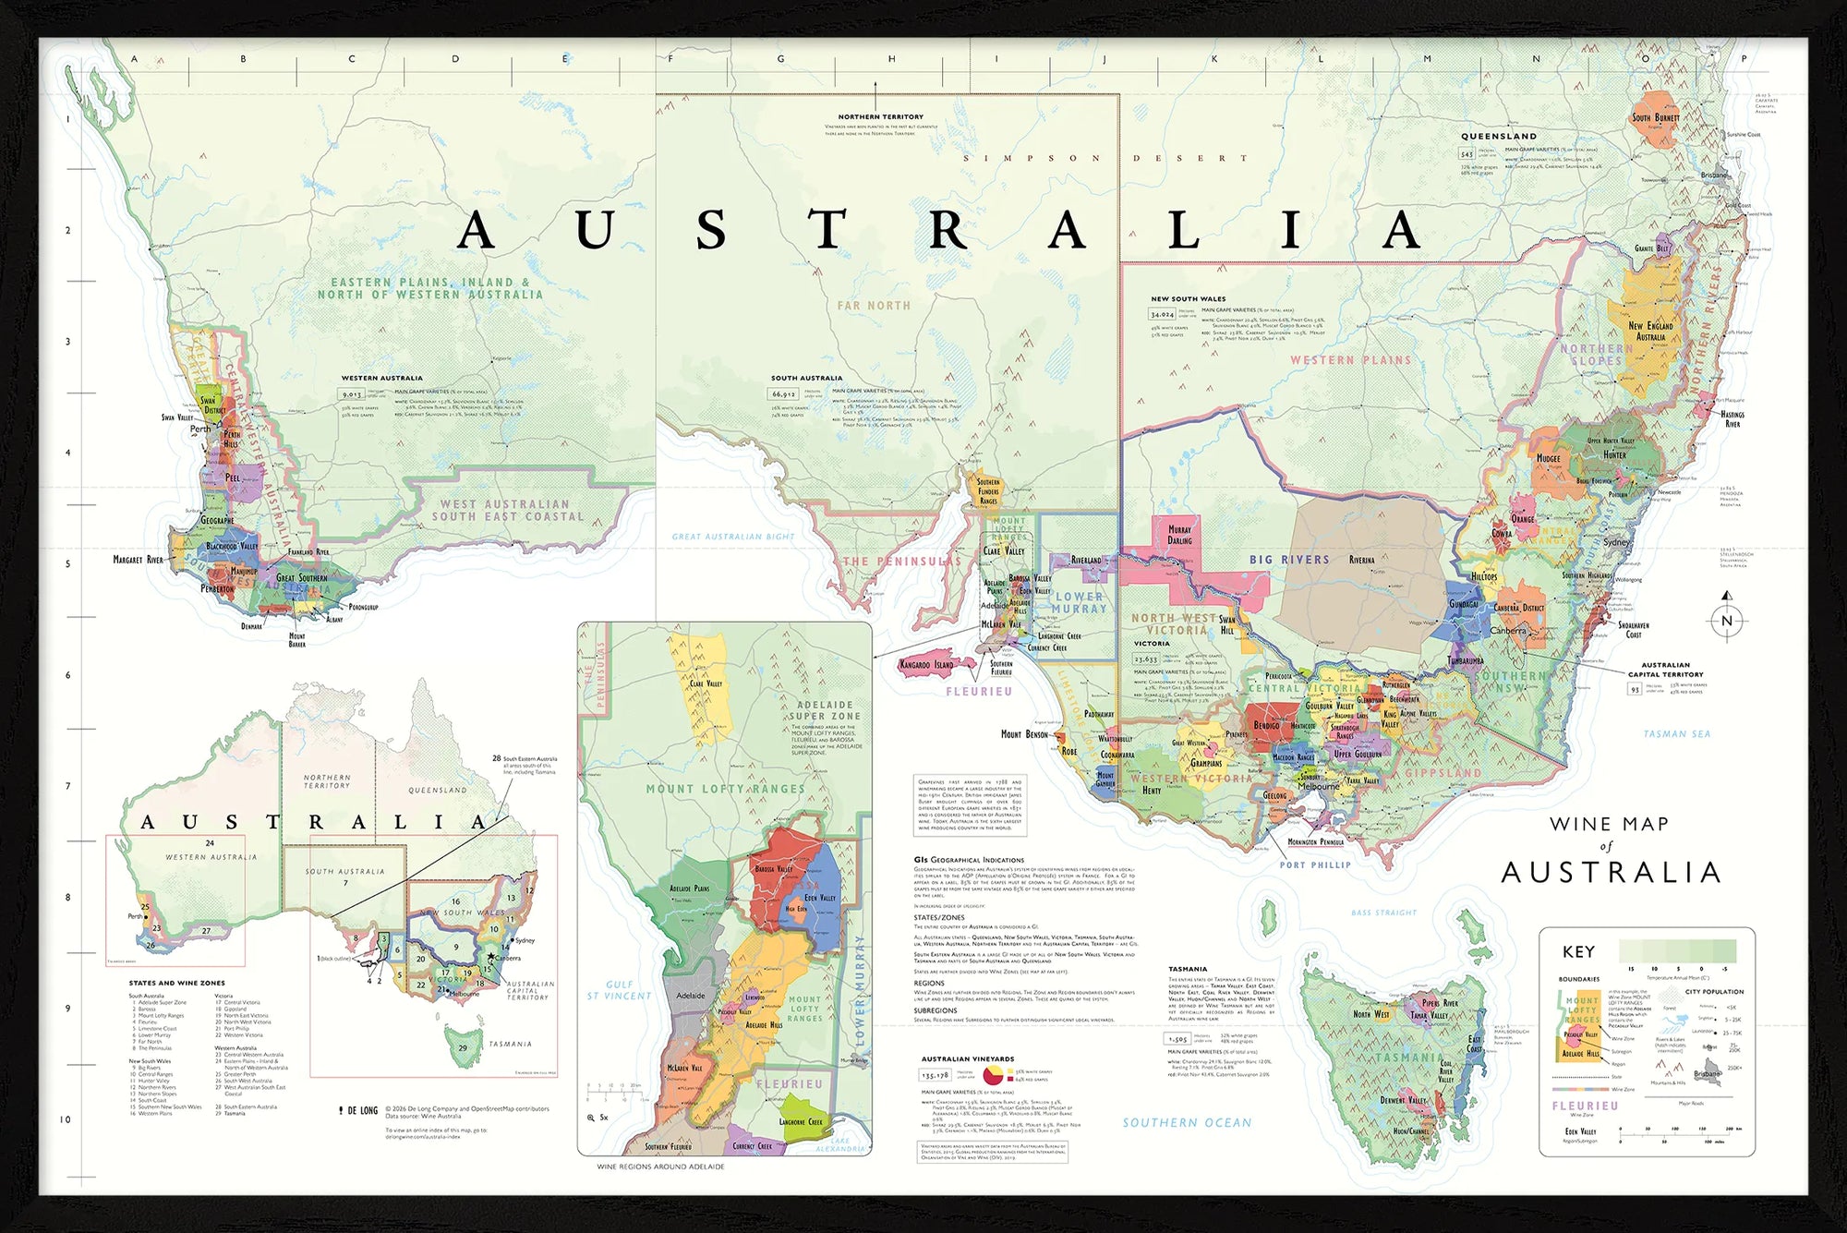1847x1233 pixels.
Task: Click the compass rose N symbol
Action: point(1727,621)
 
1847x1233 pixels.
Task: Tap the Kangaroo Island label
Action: point(926,665)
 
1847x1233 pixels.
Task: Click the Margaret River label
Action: point(139,560)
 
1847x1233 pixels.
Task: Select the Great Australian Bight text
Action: point(732,537)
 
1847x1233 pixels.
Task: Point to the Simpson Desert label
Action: point(1105,158)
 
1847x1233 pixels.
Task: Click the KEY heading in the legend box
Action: point(1578,952)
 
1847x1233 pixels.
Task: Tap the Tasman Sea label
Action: point(1677,734)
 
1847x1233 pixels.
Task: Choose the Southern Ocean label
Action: point(1187,1123)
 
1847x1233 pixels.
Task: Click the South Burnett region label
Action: point(1655,118)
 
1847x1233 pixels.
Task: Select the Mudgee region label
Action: point(1548,458)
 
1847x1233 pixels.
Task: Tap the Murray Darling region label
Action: point(1179,535)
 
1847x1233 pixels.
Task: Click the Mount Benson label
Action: point(1024,734)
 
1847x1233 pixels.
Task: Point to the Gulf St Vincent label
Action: point(619,990)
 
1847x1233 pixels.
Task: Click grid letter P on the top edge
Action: point(1744,59)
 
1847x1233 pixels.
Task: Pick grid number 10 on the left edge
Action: point(66,1119)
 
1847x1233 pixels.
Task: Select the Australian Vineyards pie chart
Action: point(993,1075)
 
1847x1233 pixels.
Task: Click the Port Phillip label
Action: point(1315,865)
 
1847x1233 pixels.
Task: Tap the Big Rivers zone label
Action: point(1289,560)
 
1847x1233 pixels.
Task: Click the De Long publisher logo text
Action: point(362,1110)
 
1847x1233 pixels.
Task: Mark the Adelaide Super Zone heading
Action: point(825,710)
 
